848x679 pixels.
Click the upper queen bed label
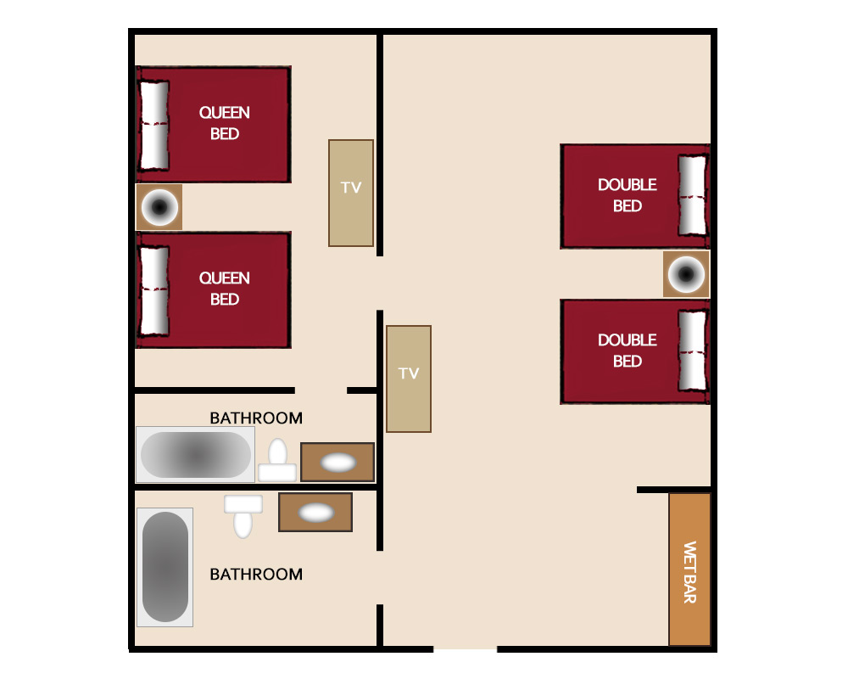[225, 123]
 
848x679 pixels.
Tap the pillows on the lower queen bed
[154, 290]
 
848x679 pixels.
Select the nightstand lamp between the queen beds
[159, 207]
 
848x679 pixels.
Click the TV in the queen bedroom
[351, 194]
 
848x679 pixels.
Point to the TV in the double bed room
[409, 379]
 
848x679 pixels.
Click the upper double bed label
[628, 195]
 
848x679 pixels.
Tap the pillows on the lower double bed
[692, 351]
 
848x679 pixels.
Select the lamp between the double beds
[686, 274]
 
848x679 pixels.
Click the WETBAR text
[689, 572]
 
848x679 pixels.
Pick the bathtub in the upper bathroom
[195, 455]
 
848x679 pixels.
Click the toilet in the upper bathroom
[277, 460]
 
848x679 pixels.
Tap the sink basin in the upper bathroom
[338, 463]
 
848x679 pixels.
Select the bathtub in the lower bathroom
[165, 567]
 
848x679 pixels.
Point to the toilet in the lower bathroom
[243, 517]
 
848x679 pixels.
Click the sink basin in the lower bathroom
[316, 513]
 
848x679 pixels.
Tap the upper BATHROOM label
[256, 418]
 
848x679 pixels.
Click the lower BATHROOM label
[256, 574]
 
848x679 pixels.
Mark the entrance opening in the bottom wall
[465, 648]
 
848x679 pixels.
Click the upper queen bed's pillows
[154, 125]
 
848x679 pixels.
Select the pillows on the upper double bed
[692, 195]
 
